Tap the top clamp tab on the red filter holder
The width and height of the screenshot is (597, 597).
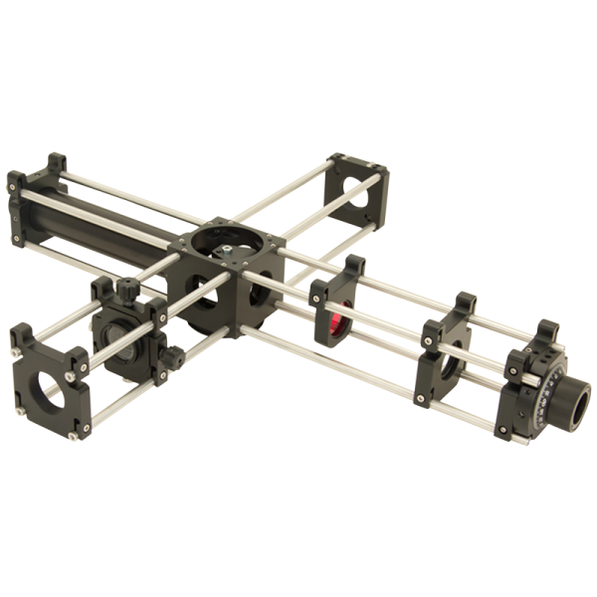355,268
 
